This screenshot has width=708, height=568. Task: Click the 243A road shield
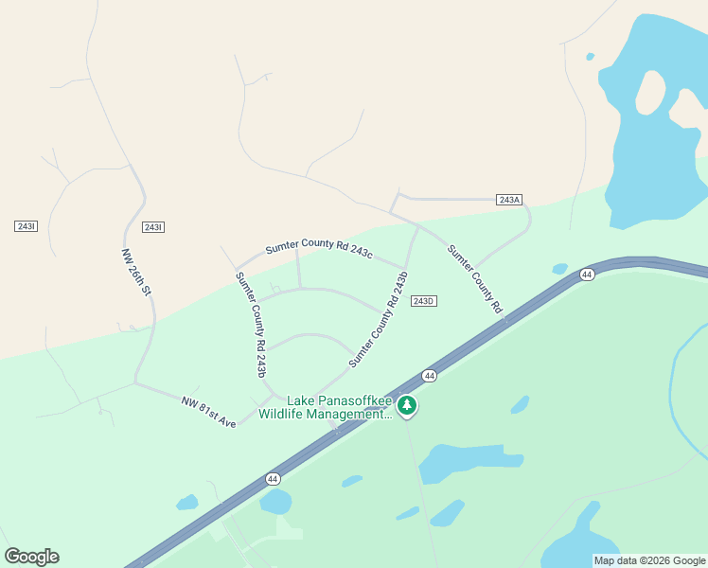click(x=509, y=200)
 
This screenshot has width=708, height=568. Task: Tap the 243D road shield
click(x=423, y=301)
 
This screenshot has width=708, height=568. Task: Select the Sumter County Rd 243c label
click(x=319, y=248)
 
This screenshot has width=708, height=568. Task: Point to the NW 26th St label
click(x=137, y=272)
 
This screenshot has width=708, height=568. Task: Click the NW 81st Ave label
click(x=208, y=412)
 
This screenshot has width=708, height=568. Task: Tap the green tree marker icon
click(x=407, y=405)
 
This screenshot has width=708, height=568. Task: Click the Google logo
click(x=31, y=557)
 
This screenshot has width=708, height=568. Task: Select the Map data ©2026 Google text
click(x=649, y=560)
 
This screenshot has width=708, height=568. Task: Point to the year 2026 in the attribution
click(x=659, y=560)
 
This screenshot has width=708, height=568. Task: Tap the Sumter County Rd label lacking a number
click(x=474, y=279)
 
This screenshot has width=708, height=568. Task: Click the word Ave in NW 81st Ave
click(x=227, y=419)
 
